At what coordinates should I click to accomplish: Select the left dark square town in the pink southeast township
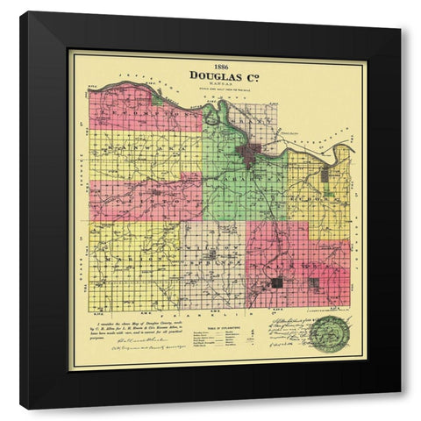pos(279,282)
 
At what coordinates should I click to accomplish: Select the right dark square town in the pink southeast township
pos(313,282)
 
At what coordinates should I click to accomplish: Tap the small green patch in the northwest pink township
pos(156,99)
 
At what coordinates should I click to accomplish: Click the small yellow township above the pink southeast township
pos(333,230)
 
